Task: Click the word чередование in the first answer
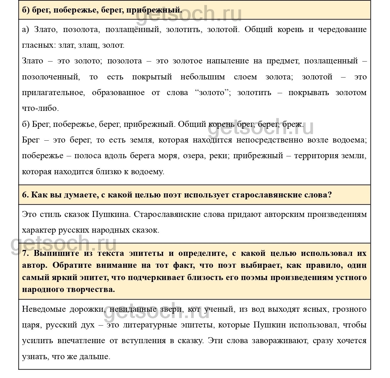point(342,30)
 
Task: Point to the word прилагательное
point(53,93)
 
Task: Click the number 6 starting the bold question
point(25,195)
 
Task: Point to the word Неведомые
point(44,309)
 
